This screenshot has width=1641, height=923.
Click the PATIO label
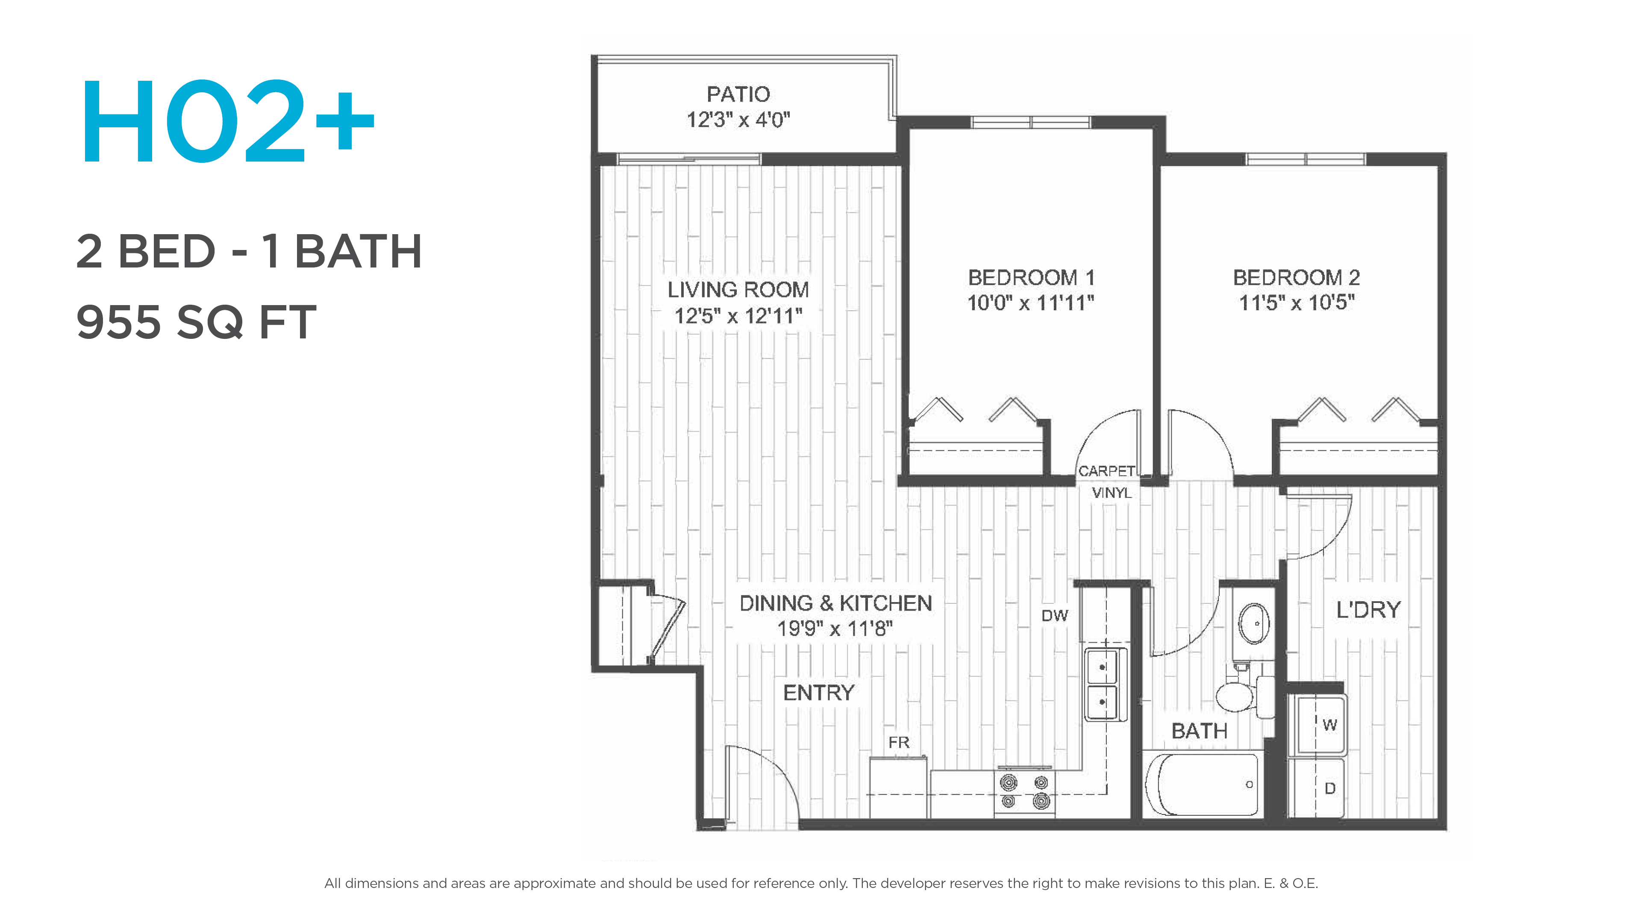click(738, 94)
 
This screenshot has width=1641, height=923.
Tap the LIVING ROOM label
click(738, 290)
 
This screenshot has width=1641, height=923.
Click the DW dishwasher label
click(1055, 615)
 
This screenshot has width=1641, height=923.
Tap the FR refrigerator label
click(899, 742)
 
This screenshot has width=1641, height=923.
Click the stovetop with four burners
click(1024, 792)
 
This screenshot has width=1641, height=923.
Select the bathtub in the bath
click(1201, 784)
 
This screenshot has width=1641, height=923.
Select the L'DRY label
click(1368, 610)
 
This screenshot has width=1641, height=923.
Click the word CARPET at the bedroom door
click(1106, 471)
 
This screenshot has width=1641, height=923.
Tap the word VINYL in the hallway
click(1112, 492)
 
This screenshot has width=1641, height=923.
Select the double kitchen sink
click(1105, 685)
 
